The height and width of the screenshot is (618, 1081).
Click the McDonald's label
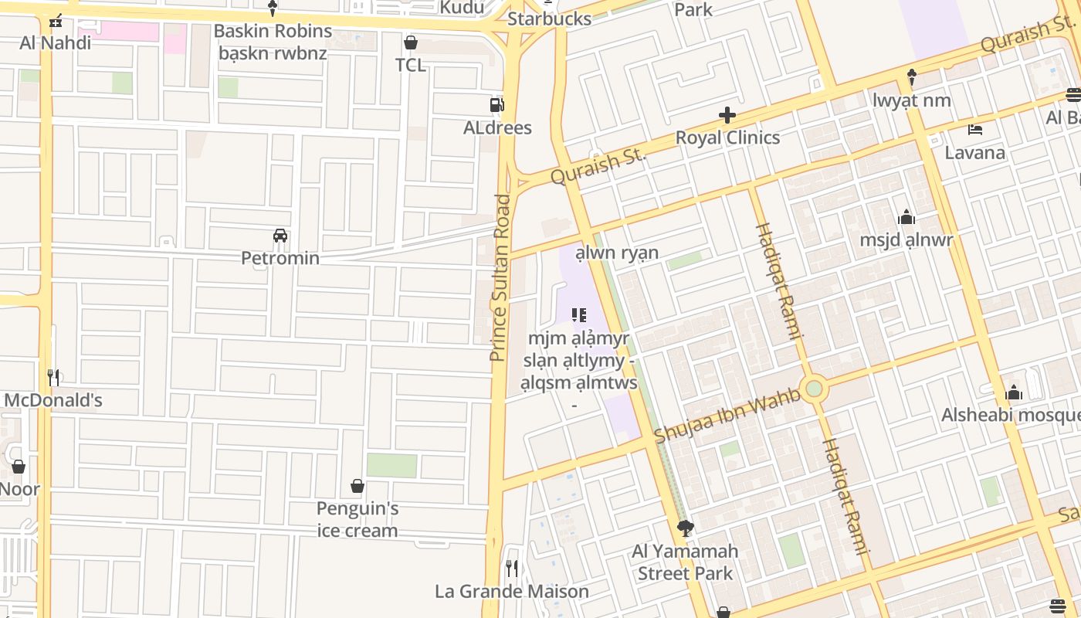point(53,400)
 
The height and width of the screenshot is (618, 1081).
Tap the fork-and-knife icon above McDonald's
point(53,377)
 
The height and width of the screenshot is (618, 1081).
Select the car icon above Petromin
point(280,235)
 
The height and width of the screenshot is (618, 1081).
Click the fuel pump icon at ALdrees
point(497,105)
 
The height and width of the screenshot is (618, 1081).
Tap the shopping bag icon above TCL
point(411,42)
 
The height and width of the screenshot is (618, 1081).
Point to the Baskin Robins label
point(273,32)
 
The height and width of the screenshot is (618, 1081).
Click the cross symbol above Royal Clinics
point(727,116)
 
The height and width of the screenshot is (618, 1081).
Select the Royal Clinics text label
point(727,138)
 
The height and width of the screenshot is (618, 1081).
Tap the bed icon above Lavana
point(974,129)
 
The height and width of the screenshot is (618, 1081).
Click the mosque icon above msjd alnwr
point(906,217)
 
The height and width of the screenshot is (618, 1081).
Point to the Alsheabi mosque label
point(1010,416)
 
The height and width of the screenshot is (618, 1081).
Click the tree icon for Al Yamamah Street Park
point(684,528)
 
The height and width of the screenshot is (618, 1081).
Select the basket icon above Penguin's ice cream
point(358,486)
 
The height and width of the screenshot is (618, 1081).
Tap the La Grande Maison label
point(511,592)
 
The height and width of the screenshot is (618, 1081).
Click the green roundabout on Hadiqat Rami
point(814,389)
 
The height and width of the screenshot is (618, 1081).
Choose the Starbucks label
point(549,19)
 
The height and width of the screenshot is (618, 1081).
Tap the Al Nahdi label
point(55,42)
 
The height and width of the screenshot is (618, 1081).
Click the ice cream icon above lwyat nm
point(911,77)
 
